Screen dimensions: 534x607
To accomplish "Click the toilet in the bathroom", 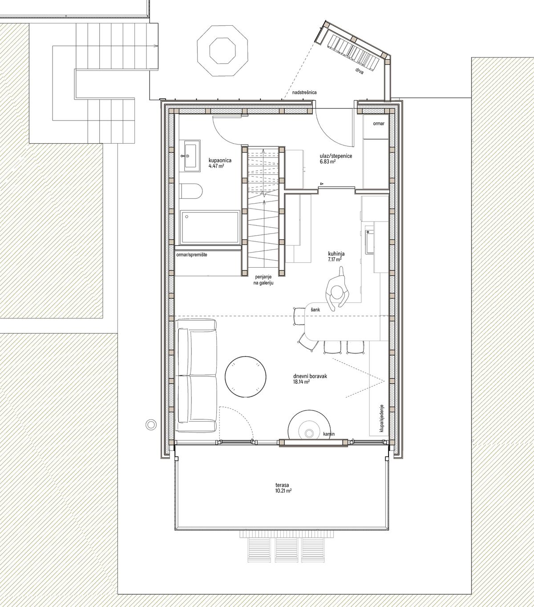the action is point(191,190).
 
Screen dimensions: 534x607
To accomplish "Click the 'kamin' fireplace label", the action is point(329,434).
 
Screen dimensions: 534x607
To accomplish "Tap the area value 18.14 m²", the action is point(302,382).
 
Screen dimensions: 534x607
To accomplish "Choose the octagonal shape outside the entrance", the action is point(223,50).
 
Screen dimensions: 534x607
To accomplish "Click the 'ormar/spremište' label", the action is point(192,255).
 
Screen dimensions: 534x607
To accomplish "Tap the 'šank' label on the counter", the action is point(315,310).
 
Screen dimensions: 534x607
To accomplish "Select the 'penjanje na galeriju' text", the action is point(263,280).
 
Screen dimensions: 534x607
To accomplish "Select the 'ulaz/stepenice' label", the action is point(336,156).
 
